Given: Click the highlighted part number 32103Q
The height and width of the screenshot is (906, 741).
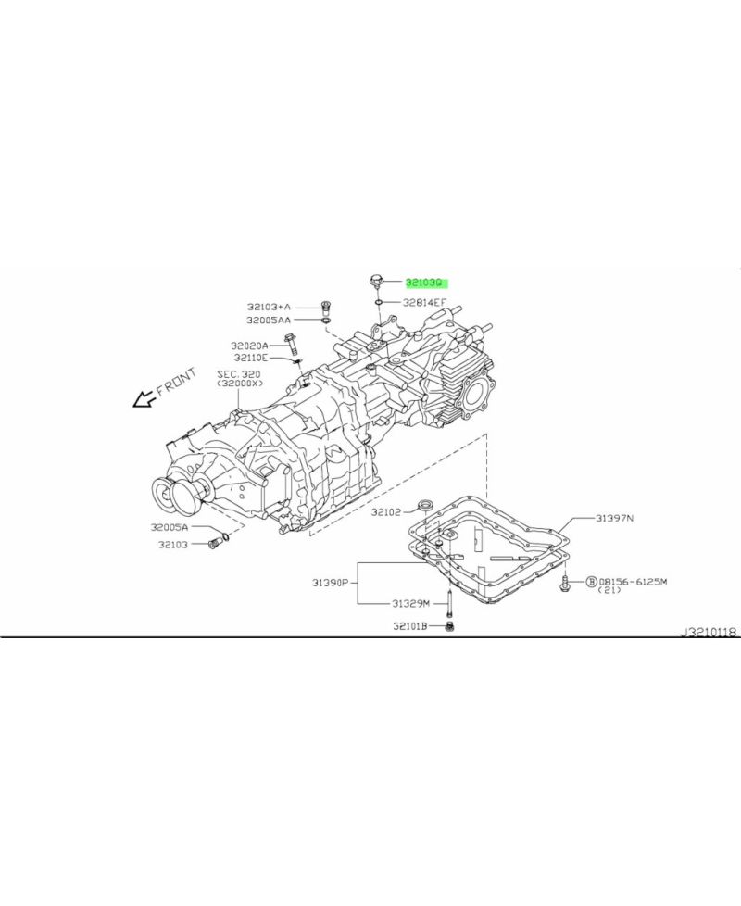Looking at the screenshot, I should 425,282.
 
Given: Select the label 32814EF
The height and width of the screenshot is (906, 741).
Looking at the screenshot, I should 425,302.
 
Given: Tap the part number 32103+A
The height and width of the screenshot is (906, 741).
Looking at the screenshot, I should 269,307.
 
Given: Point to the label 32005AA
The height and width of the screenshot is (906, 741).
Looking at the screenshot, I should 269,321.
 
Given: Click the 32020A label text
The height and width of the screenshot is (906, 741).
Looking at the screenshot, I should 249,345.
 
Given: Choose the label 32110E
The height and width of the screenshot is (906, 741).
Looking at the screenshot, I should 250,358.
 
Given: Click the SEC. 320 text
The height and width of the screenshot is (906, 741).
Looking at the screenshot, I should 239,373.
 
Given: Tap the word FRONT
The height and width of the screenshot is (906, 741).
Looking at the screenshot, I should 176,383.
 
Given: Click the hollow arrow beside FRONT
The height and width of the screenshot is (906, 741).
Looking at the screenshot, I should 144,399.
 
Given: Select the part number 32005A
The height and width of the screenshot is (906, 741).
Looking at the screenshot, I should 170,527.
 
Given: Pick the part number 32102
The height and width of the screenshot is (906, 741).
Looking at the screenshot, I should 386,510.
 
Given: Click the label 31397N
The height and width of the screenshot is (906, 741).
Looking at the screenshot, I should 614,519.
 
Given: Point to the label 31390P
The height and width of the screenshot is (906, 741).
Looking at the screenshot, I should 330,583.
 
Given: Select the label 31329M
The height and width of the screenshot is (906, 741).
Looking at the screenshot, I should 409,602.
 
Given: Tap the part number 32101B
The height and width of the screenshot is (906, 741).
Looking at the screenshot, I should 408,626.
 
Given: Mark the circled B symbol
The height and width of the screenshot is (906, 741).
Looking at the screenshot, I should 590,582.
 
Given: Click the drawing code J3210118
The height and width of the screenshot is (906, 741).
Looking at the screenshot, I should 709,633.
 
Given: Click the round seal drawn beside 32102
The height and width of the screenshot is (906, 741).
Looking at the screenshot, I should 427,504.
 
